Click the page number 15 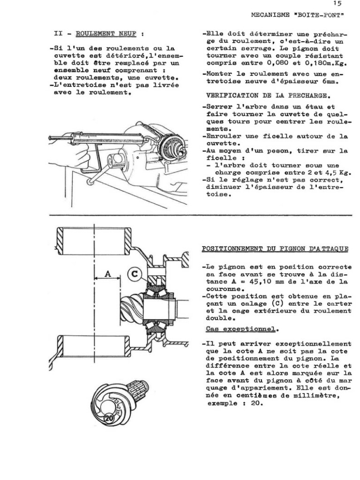[338, 4]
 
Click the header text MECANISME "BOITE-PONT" [298, 15]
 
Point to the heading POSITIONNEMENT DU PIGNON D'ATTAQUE [275, 248]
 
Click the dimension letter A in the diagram [108, 274]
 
